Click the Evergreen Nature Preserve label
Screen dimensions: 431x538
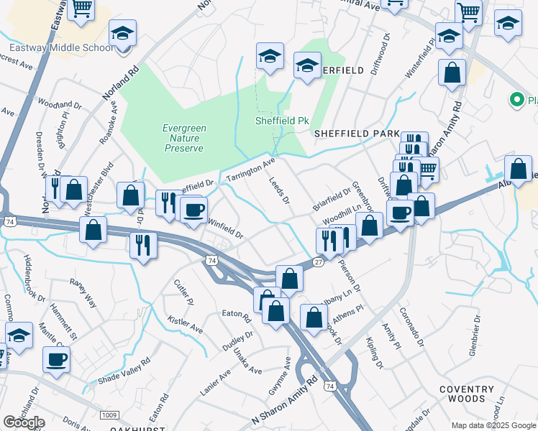click(x=185, y=138)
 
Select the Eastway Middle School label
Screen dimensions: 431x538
click(x=61, y=48)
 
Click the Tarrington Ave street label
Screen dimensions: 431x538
click(x=251, y=170)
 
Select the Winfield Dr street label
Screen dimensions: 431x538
click(x=226, y=228)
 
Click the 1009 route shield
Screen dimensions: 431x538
click(x=109, y=414)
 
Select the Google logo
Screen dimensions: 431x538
click(x=24, y=422)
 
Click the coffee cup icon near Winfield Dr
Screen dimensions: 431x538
click(x=193, y=210)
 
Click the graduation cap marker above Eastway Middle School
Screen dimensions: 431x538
click(x=123, y=32)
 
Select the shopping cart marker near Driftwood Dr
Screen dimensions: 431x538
click(x=427, y=170)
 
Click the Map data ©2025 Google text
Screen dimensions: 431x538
click(x=493, y=425)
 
